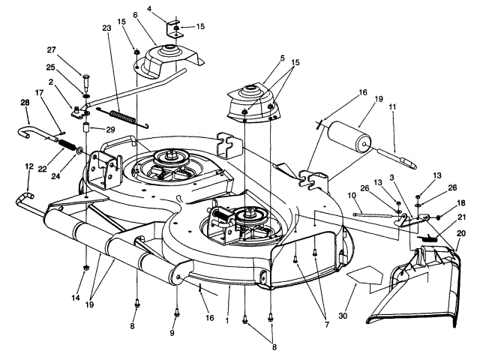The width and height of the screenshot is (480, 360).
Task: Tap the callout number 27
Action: coord(51,50)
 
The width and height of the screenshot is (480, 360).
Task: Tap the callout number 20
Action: coord(459,234)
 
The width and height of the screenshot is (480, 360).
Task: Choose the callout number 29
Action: coord(110,130)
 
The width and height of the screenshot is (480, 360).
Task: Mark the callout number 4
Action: coord(149,9)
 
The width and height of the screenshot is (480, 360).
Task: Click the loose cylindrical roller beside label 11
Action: coord(346,139)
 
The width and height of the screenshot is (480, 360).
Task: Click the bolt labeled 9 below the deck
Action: coord(176,310)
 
